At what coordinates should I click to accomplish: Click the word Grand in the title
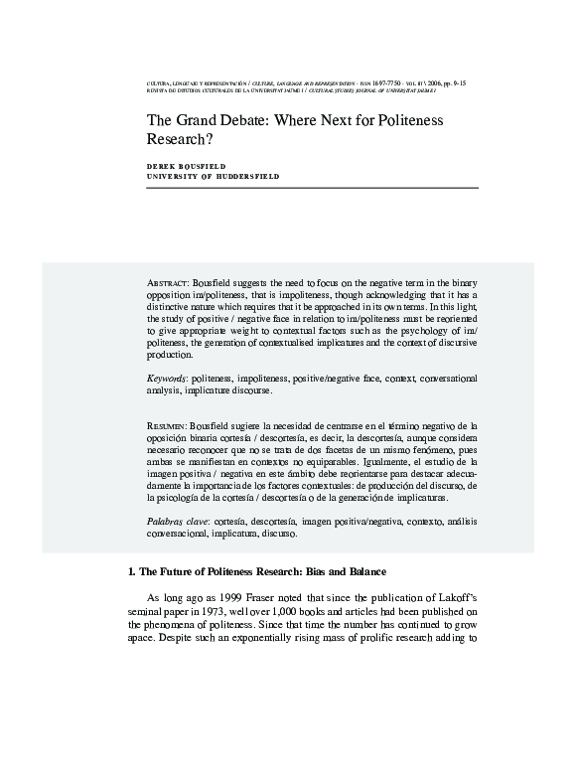click(x=179, y=120)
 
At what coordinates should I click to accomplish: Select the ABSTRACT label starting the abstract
click(x=166, y=283)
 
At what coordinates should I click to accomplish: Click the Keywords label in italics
click(x=166, y=379)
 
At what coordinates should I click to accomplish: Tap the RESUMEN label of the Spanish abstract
click(x=166, y=425)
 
